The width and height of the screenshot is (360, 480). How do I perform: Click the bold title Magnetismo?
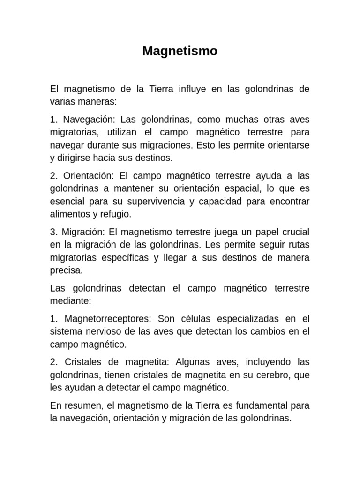[180, 51]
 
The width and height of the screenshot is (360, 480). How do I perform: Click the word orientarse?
[288, 145]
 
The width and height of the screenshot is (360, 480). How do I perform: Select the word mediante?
[70, 301]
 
